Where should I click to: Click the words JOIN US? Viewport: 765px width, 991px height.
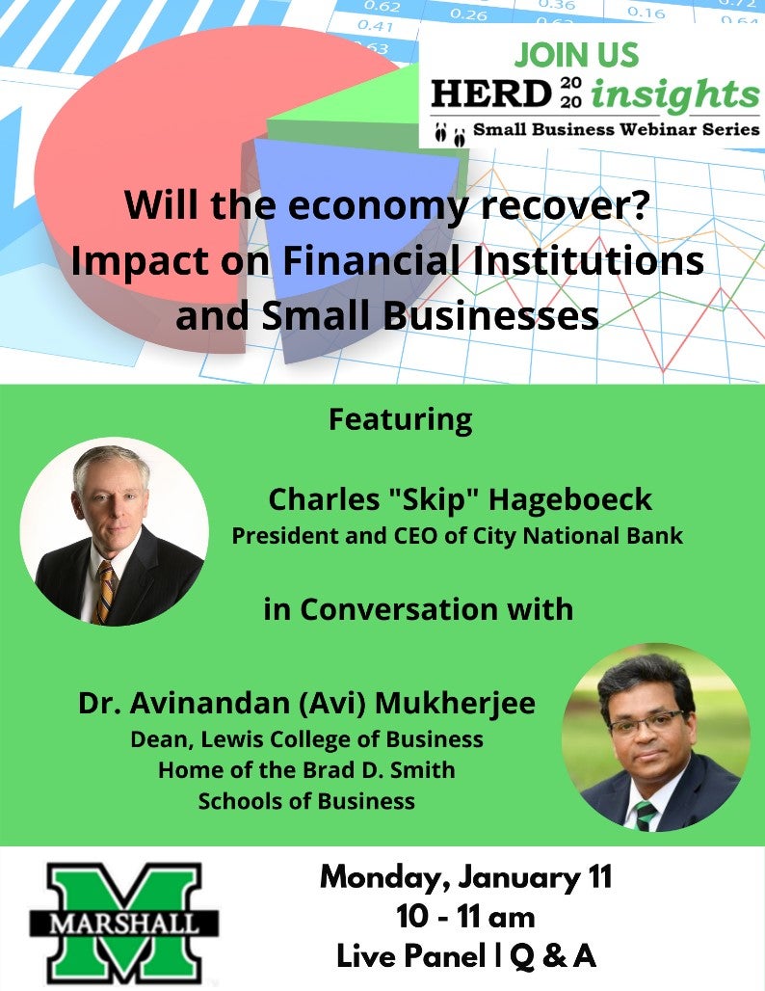pos(576,55)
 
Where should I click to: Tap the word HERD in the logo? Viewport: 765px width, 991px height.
pos(491,94)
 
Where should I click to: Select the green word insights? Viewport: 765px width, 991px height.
pos(674,95)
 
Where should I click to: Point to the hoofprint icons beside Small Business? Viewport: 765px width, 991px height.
pos(450,134)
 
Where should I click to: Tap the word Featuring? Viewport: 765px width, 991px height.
pos(401,420)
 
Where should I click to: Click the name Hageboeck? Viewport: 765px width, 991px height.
pos(569,498)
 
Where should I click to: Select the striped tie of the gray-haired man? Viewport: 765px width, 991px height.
pos(104,592)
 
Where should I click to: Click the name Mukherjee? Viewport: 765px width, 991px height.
pos(455,704)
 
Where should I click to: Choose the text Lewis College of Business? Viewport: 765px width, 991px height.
pos(342,740)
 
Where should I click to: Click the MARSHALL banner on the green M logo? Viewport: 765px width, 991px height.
pos(124,924)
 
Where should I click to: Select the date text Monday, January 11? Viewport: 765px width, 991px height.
pos(465,878)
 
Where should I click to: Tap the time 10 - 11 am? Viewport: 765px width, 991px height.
pos(465,917)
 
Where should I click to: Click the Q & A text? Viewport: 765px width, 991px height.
pos(553,955)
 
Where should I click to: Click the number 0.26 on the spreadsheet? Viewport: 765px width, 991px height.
pos(468,13)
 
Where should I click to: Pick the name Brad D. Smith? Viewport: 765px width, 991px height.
pos(379,770)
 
